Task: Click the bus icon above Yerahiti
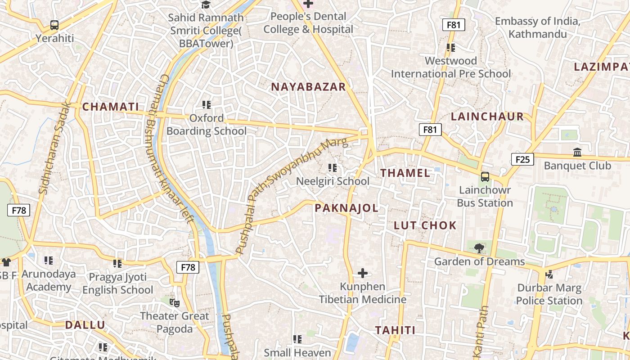click(x=54, y=25)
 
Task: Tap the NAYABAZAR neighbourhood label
click(x=308, y=87)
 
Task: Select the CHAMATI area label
click(x=111, y=107)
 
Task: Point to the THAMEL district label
click(x=405, y=173)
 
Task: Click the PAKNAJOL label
click(x=346, y=208)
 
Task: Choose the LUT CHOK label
click(x=425, y=225)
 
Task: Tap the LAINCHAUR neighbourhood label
click(x=487, y=117)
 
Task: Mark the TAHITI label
click(x=396, y=330)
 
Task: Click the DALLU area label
click(x=85, y=325)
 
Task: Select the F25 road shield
click(x=522, y=159)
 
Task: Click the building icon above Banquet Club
click(x=577, y=153)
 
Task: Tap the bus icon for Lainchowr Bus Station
click(x=485, y=177)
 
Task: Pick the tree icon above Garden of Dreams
click(x=479, y=247)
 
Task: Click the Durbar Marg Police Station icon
click(x=549, y=274)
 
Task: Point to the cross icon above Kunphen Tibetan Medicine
click(x=363, y=273)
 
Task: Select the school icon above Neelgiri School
click(x=333, y=168)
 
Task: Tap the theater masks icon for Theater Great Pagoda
click(x=174, y=303)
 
